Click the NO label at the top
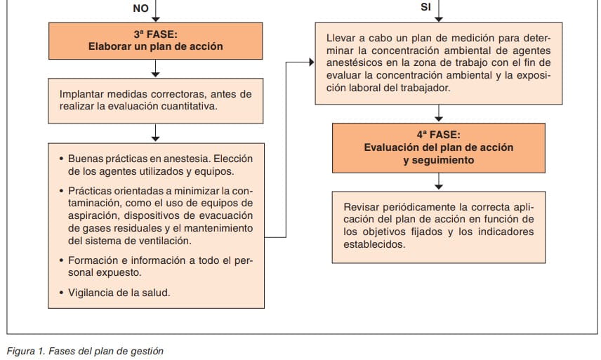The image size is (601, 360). (x=140, y=8)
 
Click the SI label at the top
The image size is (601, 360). (x=425, y=8)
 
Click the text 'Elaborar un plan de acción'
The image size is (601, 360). (x=155, y=47)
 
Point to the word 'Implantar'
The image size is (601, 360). (x=81, y=93)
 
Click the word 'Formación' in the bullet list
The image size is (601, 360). (x=92, y=260)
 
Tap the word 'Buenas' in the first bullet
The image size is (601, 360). (x=86, y=159)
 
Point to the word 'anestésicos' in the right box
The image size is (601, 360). (x=356, y=64)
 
